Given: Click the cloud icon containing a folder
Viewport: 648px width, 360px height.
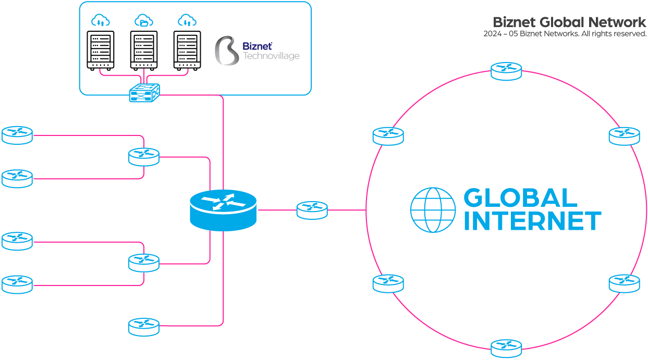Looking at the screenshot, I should click(x=144, y=21).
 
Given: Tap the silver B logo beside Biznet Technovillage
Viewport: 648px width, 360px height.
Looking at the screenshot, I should click(x=226, y=51).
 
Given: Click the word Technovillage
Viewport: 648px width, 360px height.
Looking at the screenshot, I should click(x=271, y=56).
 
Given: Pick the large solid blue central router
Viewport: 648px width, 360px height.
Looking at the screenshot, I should click(x=223, y=209).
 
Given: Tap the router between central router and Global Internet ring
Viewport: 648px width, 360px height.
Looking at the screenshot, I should click(x=312, y=210).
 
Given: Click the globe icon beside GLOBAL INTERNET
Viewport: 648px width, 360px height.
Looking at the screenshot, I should click(x=433, y=210).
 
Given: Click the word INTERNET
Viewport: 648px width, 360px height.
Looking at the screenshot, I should click(x=532, y=221).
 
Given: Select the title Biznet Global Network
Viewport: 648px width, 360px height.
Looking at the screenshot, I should click(x=569, y=22).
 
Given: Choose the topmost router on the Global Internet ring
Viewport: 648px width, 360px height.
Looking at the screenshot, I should click(x=506, y=71).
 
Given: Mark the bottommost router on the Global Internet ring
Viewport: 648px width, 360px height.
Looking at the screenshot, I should click(x=506, y=348).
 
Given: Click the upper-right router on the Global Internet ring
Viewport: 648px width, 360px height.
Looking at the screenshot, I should click(x=624, y=136).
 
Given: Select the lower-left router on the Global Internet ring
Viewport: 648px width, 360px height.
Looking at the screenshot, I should click(x=388, y=283).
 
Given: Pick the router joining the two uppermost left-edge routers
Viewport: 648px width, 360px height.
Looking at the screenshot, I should click(x=144, y=156).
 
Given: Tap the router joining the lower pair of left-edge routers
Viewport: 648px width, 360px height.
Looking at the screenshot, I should click(x=144, y=262).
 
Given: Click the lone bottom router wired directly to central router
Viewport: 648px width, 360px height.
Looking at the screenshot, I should click(x=144, y=326).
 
